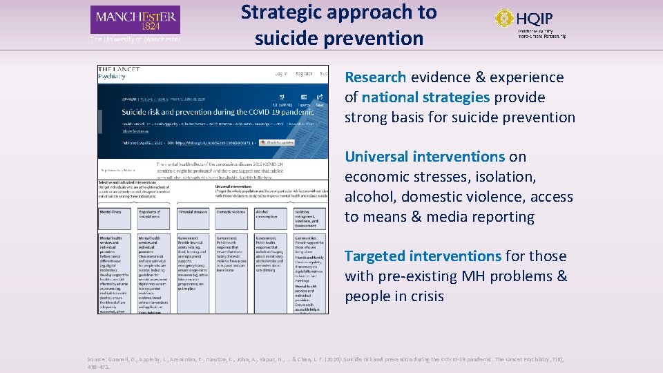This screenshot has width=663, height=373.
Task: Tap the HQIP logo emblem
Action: pyautogui.click(x=506, y=18)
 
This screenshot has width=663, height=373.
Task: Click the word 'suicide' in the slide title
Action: pyautogui.click(x=289, y=38)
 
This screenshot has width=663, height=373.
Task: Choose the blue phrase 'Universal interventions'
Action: pyautogui.click(x=425, y=157)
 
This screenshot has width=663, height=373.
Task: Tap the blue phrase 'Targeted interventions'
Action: pyautogui.click(x=423, y=256)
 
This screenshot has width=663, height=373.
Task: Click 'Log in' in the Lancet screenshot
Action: pyautogui.click(x=281, y=73)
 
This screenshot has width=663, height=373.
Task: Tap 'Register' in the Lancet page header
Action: pyautogui.click(x=304, y=73)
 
